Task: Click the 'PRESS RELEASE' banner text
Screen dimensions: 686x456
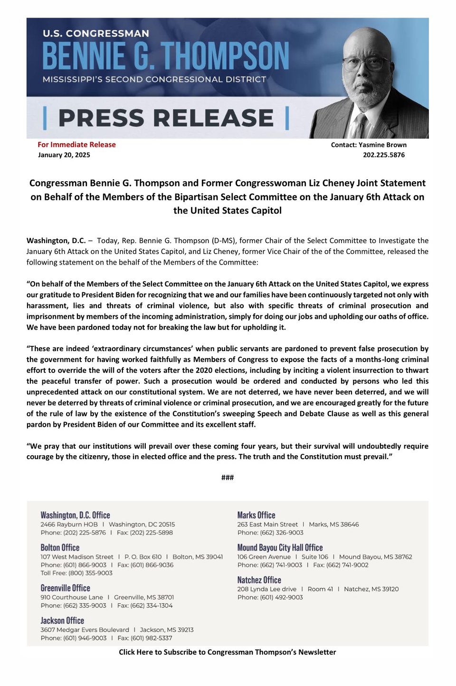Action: pos(166,118)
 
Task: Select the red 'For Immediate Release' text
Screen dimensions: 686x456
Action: pos(76,145)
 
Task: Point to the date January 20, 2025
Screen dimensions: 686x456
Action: pos(64,155)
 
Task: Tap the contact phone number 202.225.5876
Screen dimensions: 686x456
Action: pos(384,155)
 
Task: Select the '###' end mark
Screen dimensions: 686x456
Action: pos(228,477)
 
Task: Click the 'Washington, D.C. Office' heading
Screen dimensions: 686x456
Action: pos(75,515)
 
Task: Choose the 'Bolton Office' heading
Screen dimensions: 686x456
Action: pos(60,548)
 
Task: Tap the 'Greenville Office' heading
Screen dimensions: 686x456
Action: pos(65,588)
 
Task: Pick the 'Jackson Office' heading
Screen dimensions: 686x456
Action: pos(62,620)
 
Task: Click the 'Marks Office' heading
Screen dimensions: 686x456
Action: pos(256,515)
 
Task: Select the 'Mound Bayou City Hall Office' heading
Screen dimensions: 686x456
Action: pos(280,548)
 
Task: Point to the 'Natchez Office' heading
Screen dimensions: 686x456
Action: pos(259,580)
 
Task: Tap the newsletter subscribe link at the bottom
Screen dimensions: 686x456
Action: pos(228,652)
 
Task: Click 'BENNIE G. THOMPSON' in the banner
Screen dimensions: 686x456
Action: pos(165,56)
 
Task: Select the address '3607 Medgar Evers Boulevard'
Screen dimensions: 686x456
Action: pos(85,630)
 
